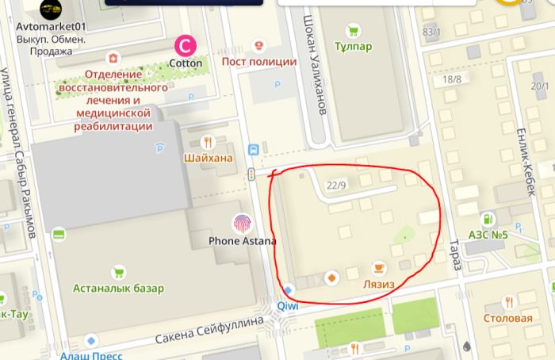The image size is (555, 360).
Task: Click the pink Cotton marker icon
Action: [186, 45]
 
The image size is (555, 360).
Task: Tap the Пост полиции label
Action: [259, 62]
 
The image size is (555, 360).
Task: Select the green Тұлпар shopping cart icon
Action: [353, 33]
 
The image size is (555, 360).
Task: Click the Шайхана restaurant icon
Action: [208, 142]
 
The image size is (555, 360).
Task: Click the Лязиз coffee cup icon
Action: [379, 268]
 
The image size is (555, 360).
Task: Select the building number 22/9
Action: [337, 185]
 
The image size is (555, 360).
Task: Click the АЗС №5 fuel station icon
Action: [487, 218]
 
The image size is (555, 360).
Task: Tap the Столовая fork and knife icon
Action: [507, 302]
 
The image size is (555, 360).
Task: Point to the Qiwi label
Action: [286, 306]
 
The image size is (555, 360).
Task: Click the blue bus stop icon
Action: [253, 149]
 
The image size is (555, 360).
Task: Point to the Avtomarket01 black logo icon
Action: [52, 10]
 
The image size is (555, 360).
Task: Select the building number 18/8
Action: [452, 79]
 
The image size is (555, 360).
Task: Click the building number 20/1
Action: [540, 86]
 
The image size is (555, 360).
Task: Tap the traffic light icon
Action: [251, 174]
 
